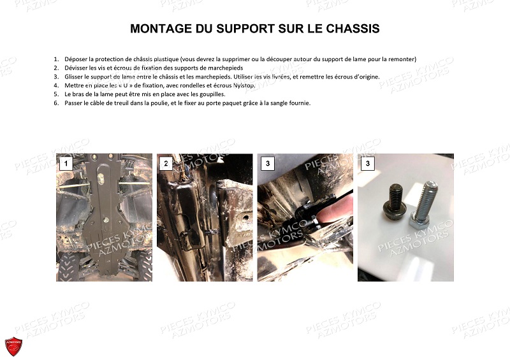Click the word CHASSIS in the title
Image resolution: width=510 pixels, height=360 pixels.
click(350, 29)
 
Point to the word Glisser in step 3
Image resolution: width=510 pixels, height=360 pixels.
click(73, 76)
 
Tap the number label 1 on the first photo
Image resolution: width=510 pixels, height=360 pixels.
click(65, 164)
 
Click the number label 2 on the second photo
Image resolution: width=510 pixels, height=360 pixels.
click(166, 164)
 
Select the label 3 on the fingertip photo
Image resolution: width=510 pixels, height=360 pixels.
click(267, 164)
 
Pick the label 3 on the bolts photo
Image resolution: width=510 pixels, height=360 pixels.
click(367, 164)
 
